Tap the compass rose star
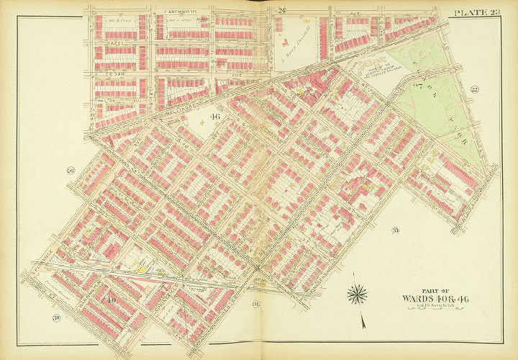(x=357, y=293)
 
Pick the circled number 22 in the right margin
(x=475, y=89)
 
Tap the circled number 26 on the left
(x=71, y=171)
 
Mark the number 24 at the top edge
(x=283, y=9)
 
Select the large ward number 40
(x=112, y=299)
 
